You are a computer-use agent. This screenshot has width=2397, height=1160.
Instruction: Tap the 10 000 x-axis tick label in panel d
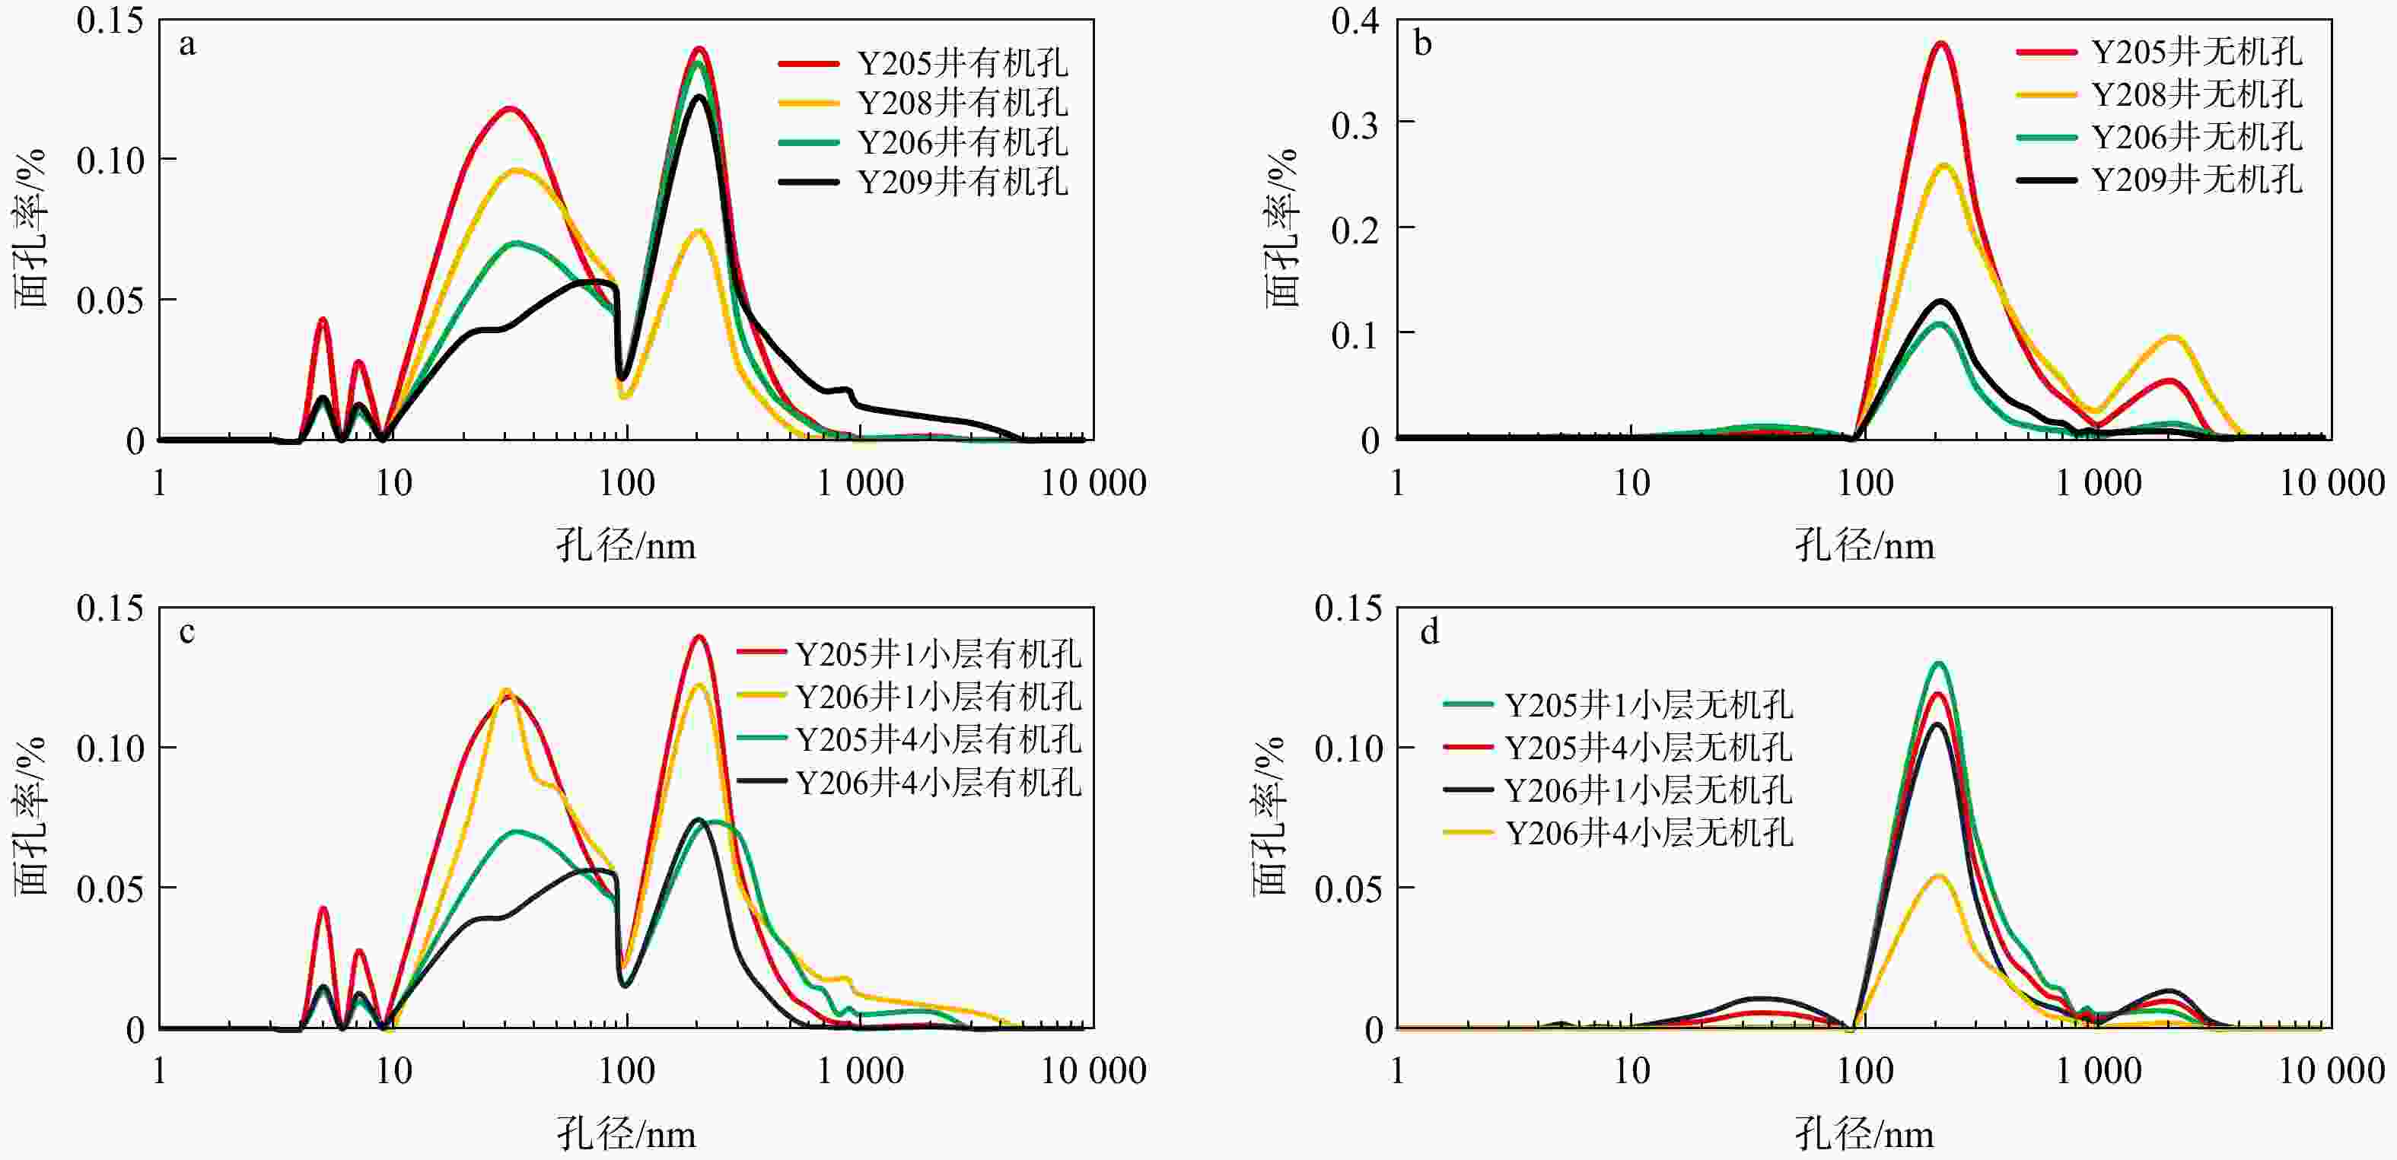pyautogui.click(x=2331, y=1071)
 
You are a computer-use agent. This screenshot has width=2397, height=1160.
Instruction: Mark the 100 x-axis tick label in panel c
pyautogui.click(x=626, y=1071)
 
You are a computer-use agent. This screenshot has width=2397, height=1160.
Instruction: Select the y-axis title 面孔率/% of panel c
pyautogui.click(x=30, y=817)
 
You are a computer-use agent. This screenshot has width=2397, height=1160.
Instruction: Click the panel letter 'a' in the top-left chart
pyautogui.click(x=188, y=45)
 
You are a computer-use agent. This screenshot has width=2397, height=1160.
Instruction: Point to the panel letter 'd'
pyautogui.click(x=1429, y=633)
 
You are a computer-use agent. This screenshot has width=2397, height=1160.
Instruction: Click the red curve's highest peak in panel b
pyautogui.click(x=1941, y=43)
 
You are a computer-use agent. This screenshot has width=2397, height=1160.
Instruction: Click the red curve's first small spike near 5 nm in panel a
pyautogui.click(x=323, y=319)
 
